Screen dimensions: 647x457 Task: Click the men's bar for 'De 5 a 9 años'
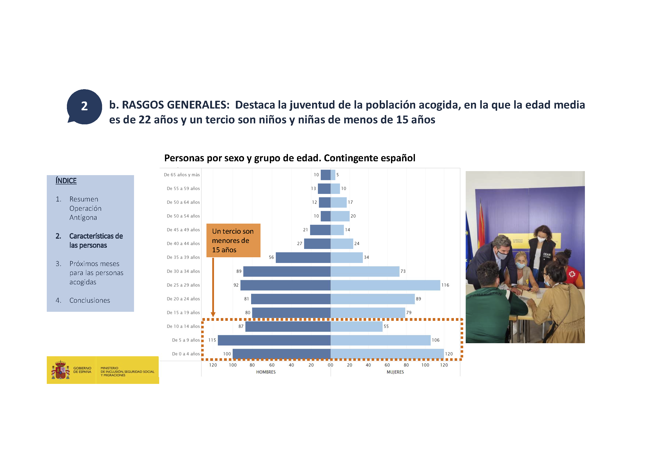274,340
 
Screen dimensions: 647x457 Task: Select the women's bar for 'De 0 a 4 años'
387,354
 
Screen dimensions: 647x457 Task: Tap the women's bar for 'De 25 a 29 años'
385,285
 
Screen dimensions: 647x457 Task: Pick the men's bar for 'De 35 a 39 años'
303,258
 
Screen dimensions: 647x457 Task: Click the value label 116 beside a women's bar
445,285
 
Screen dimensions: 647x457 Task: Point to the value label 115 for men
212,340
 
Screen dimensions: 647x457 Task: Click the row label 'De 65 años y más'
182,175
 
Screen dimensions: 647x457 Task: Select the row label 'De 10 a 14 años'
183,326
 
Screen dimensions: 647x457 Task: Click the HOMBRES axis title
266,372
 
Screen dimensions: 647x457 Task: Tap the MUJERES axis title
395,372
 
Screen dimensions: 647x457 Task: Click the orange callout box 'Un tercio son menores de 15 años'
233,240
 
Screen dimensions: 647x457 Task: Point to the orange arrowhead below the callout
213,315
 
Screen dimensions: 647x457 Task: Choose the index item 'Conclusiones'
90,300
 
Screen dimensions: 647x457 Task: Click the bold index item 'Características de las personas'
96,240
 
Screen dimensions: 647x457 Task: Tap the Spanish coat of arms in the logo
60,370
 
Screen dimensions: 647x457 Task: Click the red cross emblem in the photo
572,274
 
